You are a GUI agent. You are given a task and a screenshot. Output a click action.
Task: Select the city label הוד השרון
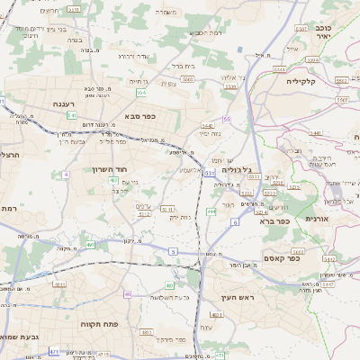111,168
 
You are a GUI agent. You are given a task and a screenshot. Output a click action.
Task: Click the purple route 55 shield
227,119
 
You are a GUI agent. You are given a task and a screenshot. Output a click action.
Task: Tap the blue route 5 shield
173,251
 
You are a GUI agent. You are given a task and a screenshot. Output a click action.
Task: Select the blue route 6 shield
235,221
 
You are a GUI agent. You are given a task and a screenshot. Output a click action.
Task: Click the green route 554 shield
141,92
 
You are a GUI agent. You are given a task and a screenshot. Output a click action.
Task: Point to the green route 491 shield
90,245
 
